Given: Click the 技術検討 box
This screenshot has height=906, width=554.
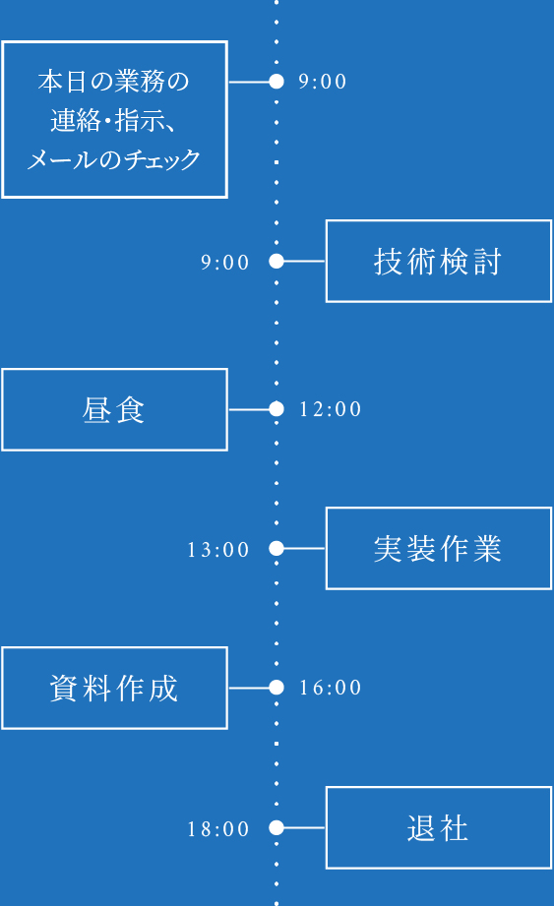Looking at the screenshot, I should (x=438, y=261).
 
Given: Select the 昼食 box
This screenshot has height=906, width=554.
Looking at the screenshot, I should (x=114, y=409).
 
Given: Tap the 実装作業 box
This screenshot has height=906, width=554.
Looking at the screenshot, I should (x=438, y=549).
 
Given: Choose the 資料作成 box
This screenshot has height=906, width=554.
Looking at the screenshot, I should (x=114, y=688).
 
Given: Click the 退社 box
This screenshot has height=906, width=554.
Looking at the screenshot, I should (x=438, y=828).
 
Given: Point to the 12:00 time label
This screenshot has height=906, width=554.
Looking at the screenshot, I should (x=331, y=409).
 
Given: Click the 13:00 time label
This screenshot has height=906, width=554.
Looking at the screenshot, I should (x=218, y=550).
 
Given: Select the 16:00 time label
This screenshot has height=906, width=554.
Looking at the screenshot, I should (x=331, y=689).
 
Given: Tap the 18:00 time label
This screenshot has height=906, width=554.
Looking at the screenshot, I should (x=218, y=829).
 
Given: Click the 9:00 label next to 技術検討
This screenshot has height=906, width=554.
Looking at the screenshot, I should (x=225, y=263).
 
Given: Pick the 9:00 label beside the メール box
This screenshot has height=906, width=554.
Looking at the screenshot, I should (x=323, y=82).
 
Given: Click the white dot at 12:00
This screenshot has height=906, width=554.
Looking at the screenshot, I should (x=277, y=409).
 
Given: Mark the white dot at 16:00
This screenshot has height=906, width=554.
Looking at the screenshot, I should (x=277, y=688).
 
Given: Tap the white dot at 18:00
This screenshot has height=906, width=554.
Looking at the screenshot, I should (x=277, y=828).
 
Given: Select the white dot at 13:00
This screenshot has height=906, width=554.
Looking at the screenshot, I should (x=277, y=549).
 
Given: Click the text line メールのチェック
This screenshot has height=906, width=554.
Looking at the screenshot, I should (x=114, y=158).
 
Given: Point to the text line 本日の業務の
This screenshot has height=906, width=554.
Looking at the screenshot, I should (x=114, y=82).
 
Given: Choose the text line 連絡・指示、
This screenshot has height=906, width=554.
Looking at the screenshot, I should (x=114, y=120).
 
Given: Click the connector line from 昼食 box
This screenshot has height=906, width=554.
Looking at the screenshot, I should (x=248, y=409).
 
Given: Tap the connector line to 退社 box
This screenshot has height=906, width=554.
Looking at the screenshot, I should (x=304, y=828).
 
